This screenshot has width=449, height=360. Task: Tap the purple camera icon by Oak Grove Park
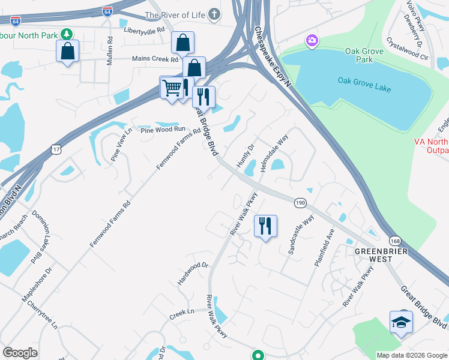click(312, 41)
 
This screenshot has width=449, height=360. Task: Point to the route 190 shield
click(301, 204)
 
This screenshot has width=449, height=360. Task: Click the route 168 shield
click(394, 241)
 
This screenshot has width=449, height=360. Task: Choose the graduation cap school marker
click(401, 322)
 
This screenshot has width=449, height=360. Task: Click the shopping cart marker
click(172, 88)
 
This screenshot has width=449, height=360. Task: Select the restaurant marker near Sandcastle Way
click(265, 226)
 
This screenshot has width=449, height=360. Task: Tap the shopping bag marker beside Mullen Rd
click(68, 51)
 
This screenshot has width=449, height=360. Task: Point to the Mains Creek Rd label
click(155, 59)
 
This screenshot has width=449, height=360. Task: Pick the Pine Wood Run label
click(163, 129)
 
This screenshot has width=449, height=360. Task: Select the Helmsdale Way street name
click(275, 153)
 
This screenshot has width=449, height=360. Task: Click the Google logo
click(20, 353)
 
